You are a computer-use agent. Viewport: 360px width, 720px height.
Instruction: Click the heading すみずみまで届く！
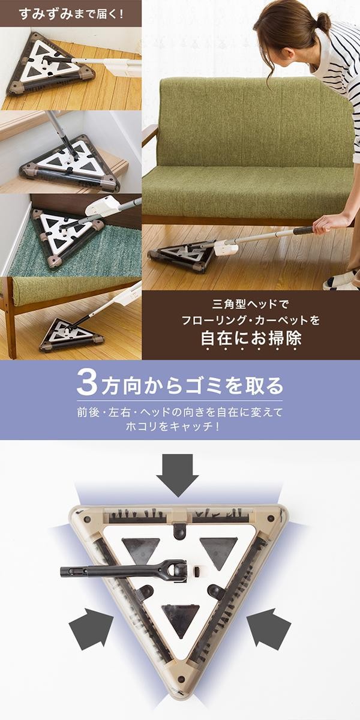click(x=71, y=14)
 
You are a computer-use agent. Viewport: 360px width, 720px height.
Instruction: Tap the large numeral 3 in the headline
click(x=87, y=383)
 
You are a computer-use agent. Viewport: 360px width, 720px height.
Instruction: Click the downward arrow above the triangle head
click(x=178, y=475)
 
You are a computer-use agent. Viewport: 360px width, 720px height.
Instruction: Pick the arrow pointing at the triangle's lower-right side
click(x=269, y=627)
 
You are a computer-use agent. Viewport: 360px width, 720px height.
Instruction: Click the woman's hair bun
click(x=322, y=22)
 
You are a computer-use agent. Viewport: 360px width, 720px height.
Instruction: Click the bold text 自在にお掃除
click(x=251, y=338)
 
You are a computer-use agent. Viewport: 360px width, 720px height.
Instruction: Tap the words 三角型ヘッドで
click(x=251, y=304)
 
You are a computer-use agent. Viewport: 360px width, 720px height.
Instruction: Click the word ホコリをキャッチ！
click(x=173, y=427)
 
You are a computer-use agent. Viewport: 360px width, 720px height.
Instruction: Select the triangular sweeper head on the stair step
click(x=69, y=166)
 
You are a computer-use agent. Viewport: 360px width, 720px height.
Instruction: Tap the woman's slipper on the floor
click(x=341, y=281)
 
